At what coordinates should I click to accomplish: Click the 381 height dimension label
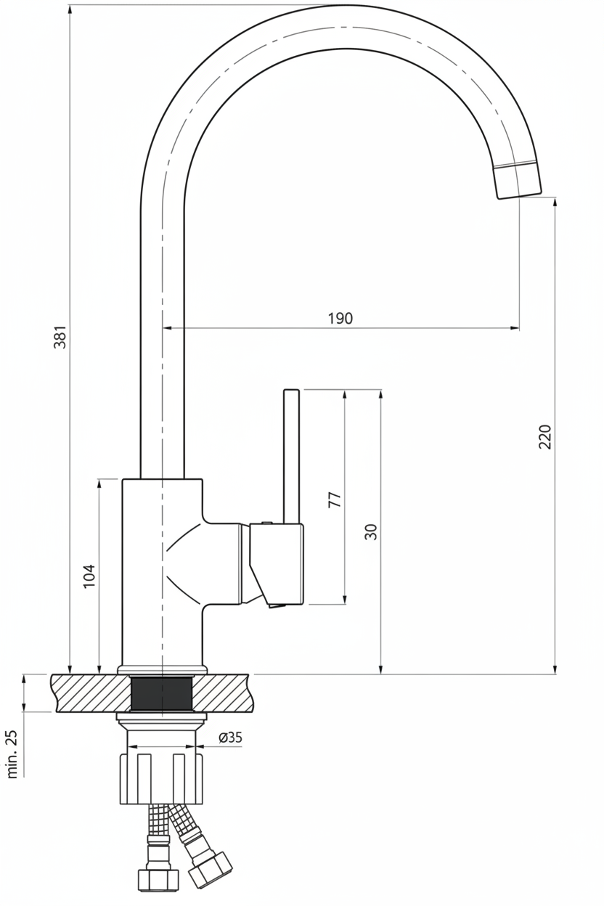pyautogui.click(x=60, y=336)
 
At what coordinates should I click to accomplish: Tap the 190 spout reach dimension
pyautogui.click(x=340, y=318)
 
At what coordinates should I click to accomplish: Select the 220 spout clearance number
pyautogui.click(x=545, y=436)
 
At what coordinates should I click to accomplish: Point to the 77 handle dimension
pyautogui.click(x=335, y=499)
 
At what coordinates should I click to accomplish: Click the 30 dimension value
pyautogui.click(x=370, y=532)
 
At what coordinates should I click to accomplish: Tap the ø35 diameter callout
pyautogui.click(x=230, y=737)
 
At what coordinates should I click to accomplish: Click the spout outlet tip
pyautogui.click(x=519, y=195)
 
